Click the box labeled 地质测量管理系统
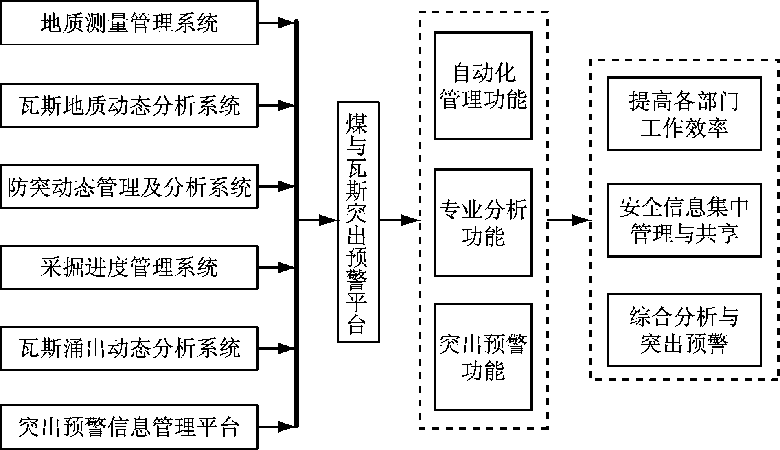coord(129,22)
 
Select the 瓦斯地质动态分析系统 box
coord(129,105)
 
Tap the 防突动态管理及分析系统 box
coord(129,186)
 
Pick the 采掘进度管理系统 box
coord(129,267)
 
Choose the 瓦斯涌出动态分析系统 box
coord(129,348)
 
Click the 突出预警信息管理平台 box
coord(129,427)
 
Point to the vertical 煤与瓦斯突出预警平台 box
coord(358,222)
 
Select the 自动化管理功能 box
coord(483,86)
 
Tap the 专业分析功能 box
coord(483,223)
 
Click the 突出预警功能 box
coord(483,357)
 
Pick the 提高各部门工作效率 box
coord(684,114)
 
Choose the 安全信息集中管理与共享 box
coord(684,220)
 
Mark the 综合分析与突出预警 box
coord(684,330)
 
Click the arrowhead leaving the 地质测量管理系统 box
coord(286,22)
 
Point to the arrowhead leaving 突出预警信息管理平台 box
coord(286,427)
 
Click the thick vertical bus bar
coord(296,224)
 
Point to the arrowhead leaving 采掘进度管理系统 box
coord(286,267)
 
